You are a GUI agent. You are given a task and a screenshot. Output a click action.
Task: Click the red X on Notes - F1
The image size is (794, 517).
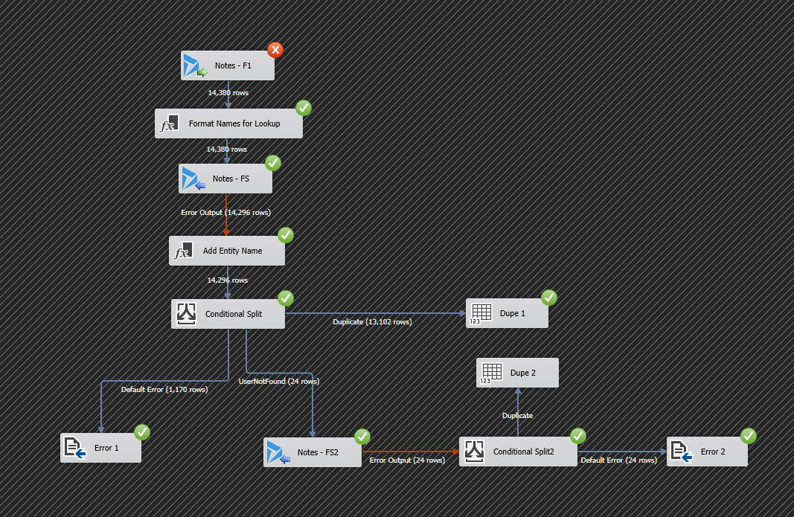pos(275,51)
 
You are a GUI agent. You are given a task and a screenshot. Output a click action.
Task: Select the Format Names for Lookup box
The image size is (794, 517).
pos(228,123)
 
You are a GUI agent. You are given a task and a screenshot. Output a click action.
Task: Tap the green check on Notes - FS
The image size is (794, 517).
pos(272,163)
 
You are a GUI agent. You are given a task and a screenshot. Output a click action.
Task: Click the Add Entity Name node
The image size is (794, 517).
pos(226,251)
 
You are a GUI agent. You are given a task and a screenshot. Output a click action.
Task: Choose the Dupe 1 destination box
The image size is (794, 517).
pos(507,313)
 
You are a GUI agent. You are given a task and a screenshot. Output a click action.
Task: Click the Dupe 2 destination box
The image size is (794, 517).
pos(517,373)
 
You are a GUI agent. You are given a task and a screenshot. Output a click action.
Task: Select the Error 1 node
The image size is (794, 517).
pos(100,448)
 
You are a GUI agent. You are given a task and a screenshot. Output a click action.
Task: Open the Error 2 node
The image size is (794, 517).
pos(707,452)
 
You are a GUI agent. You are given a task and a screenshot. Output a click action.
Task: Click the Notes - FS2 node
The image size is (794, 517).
pos(313,452)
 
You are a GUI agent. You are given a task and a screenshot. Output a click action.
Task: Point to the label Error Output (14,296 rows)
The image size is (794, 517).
pos(226,213)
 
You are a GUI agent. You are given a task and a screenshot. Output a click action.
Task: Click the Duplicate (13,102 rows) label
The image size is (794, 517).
pos(372,322)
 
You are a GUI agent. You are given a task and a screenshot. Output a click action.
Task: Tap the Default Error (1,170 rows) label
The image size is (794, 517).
pos(164,389)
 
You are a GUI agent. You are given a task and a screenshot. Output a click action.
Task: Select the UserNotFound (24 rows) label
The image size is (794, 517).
pos(278,382)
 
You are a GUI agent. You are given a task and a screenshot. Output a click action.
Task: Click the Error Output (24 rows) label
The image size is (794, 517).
pos(407,460)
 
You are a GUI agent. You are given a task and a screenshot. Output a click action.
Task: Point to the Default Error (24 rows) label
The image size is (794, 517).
pos(618,460)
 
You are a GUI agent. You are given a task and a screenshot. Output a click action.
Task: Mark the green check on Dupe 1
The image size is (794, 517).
pos(548,298)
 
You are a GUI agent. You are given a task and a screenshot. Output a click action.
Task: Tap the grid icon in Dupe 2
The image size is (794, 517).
pos(490,373)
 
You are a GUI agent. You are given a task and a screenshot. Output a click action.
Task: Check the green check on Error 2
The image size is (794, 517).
pos(748,436)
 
